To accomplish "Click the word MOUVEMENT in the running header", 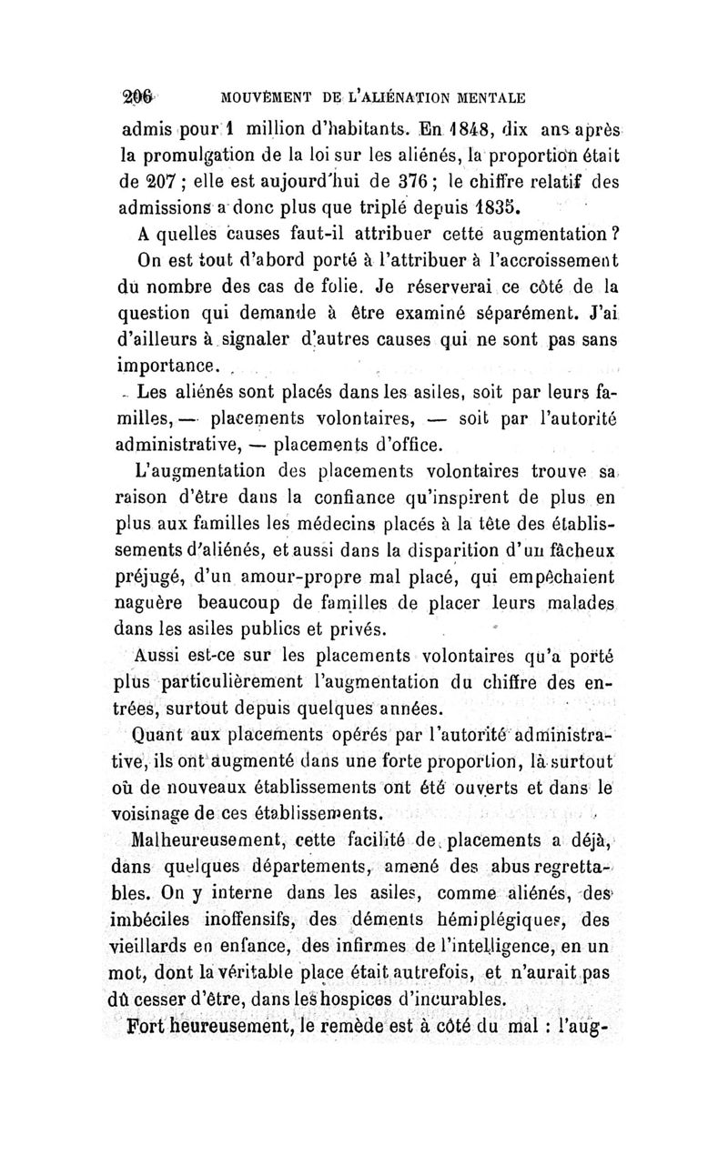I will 258,96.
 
